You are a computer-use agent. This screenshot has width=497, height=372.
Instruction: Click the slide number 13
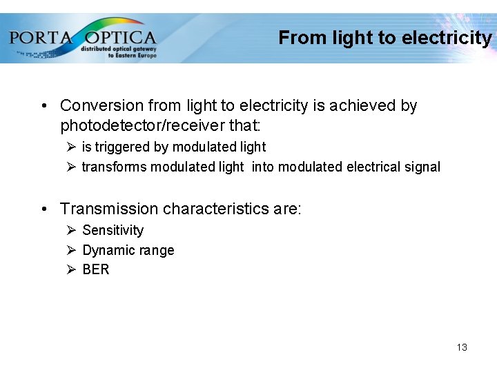pyautogui.click(x=462, y=347)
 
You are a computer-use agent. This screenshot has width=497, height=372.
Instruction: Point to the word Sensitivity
pyautogui.click(x=113, y=230)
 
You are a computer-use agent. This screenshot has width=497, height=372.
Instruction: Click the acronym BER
pyautogui.click(x=95, y=269)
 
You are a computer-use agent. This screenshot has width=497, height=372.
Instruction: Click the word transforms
pyautogui.click(x=114, y=167)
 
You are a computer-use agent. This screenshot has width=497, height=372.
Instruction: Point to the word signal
pyautogui.click(x=422, y=167)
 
